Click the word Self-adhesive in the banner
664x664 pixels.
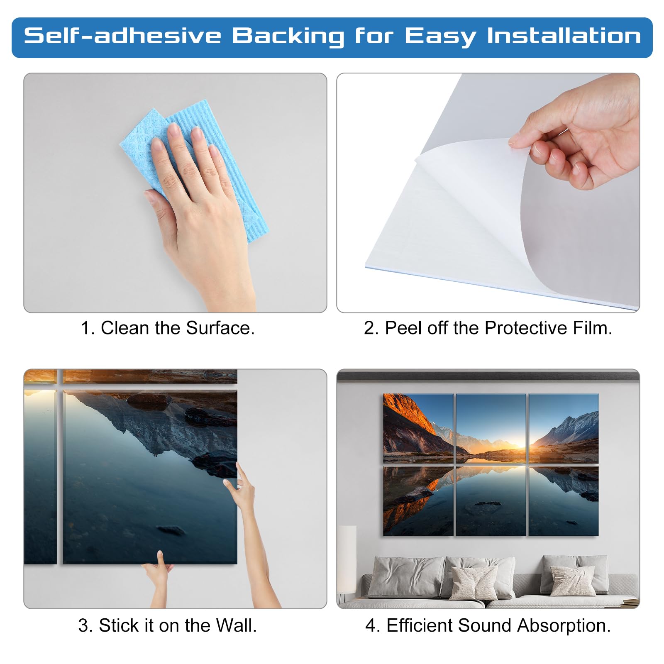123,36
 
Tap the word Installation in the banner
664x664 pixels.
564,36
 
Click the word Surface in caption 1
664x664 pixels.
220,328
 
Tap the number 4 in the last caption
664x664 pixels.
371,625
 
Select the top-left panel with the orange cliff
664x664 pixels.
418,429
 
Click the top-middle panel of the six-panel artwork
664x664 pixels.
491,429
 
